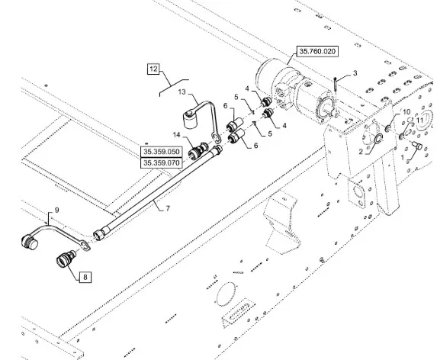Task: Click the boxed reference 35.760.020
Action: (x=317, y=52)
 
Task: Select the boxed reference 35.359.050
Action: (x=162, y=152)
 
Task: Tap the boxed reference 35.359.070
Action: (x=162, y=162)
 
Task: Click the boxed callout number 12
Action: (x=153, y=69)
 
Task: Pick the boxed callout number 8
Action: (x=85, y=277)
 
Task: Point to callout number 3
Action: (x=355, y=73)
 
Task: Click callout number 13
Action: (x=182, y=92)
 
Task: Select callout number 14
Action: (x=176, y=135)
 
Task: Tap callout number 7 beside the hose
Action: (x=168, y=208)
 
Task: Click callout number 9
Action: (x=56, y=210)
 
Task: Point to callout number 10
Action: (x=406, y=112)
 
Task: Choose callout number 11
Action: (x=419, y=121)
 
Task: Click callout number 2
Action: (x=361, y=152)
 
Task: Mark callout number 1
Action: (x=402, y=158)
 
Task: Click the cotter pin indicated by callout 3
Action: (x=335, y=84)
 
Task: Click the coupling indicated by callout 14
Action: (x=198, y=150)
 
